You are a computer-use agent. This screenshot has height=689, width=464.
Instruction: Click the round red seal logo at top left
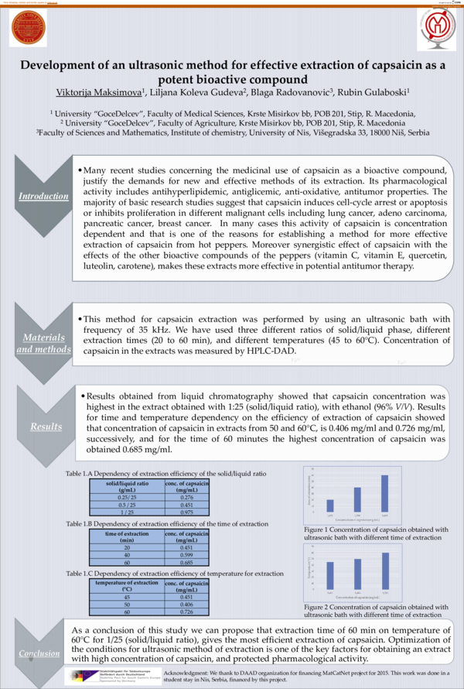click(x=29, y=29)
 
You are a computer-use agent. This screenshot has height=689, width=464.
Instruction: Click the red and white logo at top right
click(x=434, y=29)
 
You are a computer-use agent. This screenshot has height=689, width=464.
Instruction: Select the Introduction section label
click(x=43, y=195)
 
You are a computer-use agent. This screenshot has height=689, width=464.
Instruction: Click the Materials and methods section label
click(x=43, y=343)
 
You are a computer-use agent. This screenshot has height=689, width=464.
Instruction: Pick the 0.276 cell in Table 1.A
click(x=186, y=495)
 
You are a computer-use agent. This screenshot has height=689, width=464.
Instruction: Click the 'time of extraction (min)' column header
click(x=127, y=536)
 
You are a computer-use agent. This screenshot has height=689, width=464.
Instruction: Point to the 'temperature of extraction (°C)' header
click(x=127, y=584)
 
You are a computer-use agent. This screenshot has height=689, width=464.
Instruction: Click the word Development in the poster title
click(x=63, y=66)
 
